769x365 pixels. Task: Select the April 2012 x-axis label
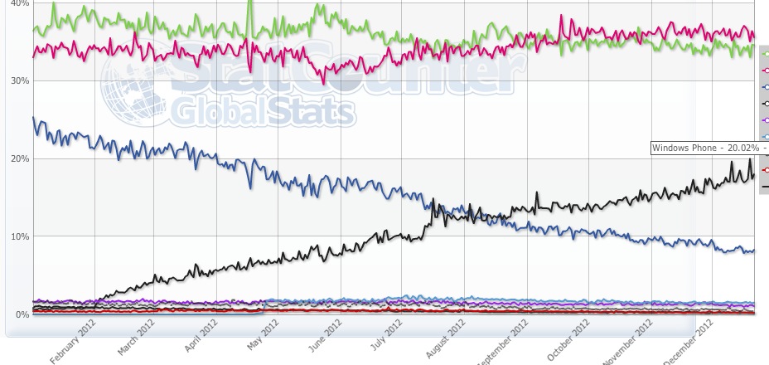point(201,339)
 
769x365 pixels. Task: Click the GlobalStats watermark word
point(264,110)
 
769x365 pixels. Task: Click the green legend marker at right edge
point(765,52)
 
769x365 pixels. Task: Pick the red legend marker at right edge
point(765,170)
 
